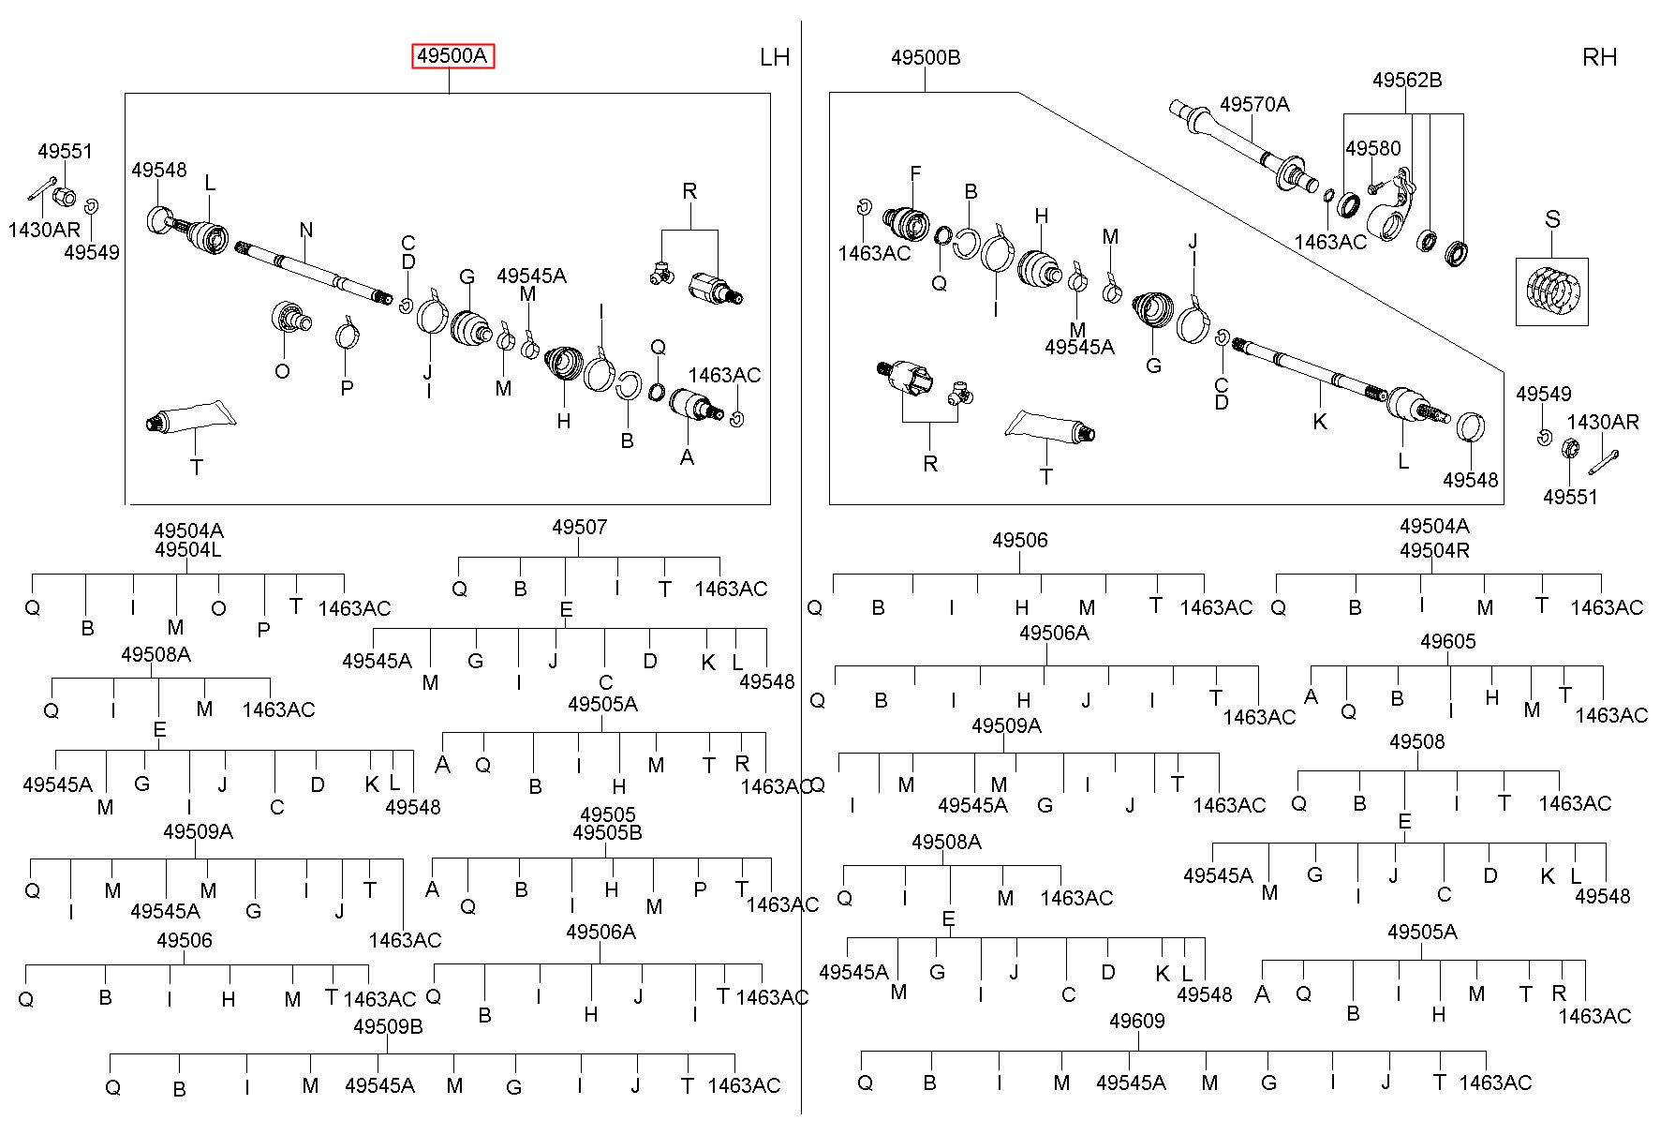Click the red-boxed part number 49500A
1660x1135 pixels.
pos(453,56)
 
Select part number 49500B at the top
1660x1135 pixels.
pos(926,57)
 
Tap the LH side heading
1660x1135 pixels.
pos(775,57)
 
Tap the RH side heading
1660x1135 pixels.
pos(1600,57)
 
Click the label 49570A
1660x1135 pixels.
pos(1254,104)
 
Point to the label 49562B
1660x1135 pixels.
pos(1407,81)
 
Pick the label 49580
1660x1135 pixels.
pos(1373,148)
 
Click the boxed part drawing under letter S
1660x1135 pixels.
pos(1551,291)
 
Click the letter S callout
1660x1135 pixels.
pos(1552,219)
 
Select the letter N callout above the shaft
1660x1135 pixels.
pos(306,230)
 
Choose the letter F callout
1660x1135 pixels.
pos(915,173)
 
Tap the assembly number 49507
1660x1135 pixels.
pos(579,527)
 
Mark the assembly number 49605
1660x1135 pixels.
pos(1448,641)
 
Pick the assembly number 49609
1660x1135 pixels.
pos(1136,1021)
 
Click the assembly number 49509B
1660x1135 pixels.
pos(388,1026)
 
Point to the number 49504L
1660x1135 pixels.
pos(188,549)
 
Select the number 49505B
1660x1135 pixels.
pos(607,832)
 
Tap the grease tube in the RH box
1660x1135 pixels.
pos(1049,427)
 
